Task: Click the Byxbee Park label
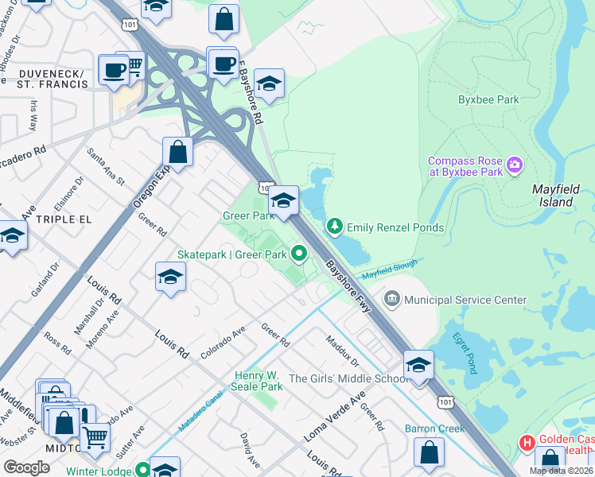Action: tap(488, 100)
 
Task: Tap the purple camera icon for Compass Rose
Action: tap(515, 165)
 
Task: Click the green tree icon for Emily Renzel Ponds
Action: tap(335, 227)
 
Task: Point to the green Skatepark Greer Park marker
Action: tap(299, 254)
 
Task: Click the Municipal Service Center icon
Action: tap(391, 300)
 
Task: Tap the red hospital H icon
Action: tap(526, 440)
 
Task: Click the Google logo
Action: tap(26, 467)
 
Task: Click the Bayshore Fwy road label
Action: tap(347, 280)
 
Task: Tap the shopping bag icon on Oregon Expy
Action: tap(177, 151)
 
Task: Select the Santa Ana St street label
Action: tap(107, 167)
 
